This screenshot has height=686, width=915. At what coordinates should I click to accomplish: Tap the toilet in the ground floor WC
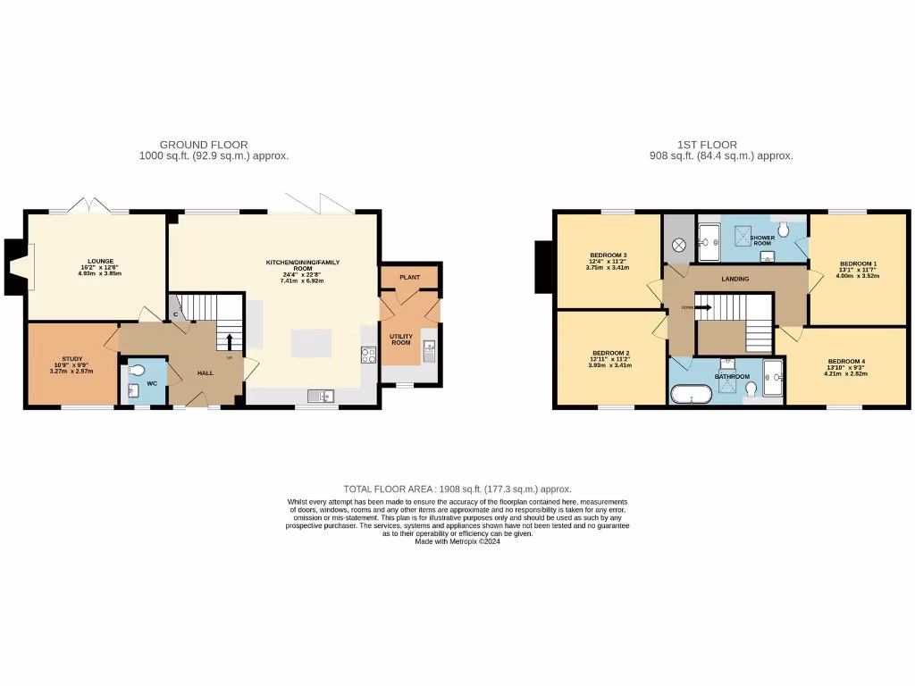137,372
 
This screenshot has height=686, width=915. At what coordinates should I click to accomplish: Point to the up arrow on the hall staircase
229,342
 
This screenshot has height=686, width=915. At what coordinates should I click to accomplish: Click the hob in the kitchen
367,354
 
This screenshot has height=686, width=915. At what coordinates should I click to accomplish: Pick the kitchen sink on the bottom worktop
320,396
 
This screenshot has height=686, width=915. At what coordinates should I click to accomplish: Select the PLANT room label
409,278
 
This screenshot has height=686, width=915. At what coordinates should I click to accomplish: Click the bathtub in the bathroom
691,394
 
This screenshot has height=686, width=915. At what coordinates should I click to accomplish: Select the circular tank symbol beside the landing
678,243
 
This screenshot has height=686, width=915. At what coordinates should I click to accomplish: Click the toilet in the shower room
785,230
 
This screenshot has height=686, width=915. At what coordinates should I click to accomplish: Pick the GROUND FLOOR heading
204,144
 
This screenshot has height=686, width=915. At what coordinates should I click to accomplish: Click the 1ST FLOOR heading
706,144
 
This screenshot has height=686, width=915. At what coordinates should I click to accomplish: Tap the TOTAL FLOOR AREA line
457,489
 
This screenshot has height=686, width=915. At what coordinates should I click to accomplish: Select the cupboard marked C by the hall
176,314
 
